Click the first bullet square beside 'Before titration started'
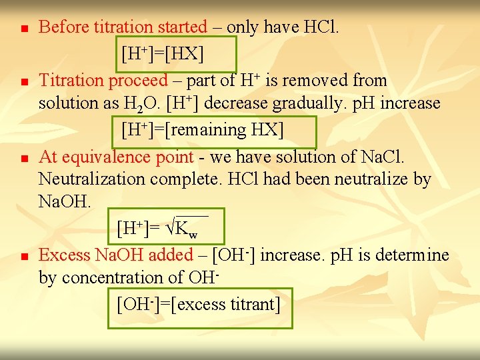coord(23,29)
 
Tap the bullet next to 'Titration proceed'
coord(23,83)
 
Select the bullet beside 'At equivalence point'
coord(23,159)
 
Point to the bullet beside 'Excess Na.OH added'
coord(23,257)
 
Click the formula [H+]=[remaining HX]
coord(203,129)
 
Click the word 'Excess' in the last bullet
coord(65,255)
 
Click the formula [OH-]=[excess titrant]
coord(198,305)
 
